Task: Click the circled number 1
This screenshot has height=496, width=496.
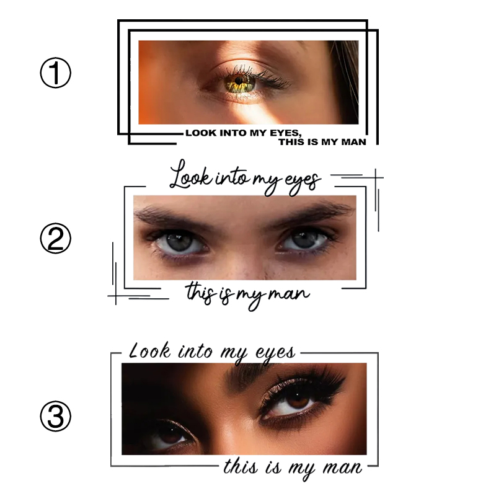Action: pos(56,74)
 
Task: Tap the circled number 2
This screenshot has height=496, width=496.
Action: pos(56,239)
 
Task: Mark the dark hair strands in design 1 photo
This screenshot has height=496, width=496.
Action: pos(347,68)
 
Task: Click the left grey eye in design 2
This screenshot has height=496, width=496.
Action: pos(180,242)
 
